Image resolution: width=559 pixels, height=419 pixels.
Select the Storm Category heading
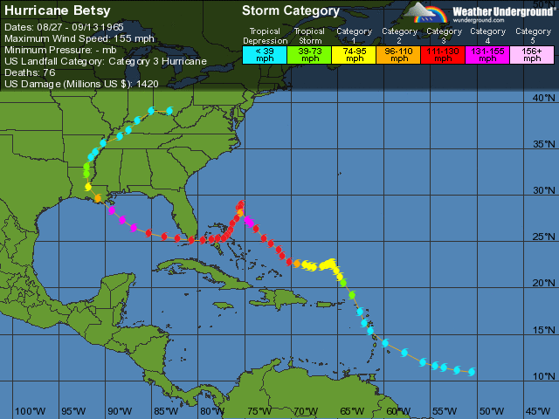[290, 11]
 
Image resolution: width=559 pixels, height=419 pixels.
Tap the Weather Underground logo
[477, 12]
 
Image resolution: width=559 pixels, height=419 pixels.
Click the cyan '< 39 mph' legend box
[264, 53]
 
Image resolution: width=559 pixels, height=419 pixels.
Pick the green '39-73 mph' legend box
[309, 53]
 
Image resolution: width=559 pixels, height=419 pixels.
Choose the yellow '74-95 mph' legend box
[354, 53]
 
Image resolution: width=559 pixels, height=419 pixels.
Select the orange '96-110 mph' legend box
[398, 53]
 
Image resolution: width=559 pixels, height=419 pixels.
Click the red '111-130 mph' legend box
[443, 53]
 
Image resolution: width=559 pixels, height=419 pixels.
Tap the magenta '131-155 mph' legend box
[487, 53]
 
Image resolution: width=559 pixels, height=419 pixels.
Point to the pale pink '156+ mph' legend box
[531, 53]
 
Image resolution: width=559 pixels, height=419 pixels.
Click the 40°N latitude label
[545, 98]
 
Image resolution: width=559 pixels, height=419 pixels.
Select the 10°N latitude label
[545, 376]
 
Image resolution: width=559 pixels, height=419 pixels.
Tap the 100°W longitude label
[30, 411]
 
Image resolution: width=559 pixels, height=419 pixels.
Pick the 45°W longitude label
[537, 411]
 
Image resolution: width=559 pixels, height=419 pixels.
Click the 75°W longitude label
[259, 411]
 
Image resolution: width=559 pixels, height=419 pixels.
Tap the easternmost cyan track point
[472, 372]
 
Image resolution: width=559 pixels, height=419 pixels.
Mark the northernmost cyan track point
[169, 111]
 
